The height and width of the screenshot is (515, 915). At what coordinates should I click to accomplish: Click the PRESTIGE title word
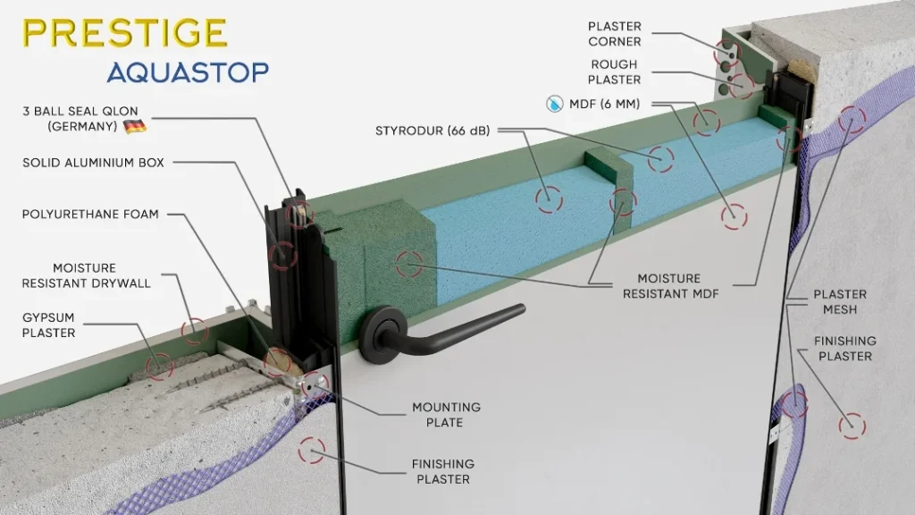[125, 33]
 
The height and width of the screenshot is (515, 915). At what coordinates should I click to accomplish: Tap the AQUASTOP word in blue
[188, 72]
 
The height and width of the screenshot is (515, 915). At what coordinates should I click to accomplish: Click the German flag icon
[135, 126]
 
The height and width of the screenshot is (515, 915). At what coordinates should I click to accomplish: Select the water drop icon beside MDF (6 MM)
[554, 104]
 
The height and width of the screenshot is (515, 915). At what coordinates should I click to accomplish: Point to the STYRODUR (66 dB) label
[432, 131]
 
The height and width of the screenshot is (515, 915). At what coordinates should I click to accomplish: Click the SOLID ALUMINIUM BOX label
[93, 163]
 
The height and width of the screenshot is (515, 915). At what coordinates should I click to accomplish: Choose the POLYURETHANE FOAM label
[90, 215]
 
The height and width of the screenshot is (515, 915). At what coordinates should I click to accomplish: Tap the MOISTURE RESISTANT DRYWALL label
[87, 275]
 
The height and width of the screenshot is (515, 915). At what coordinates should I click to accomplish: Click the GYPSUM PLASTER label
[49, 325]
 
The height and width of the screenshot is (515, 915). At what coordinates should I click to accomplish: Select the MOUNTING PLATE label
[447, 415]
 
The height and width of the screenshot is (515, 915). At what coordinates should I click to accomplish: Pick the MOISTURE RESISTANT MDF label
[670, 286]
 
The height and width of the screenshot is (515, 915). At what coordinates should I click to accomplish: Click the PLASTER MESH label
[840, 302]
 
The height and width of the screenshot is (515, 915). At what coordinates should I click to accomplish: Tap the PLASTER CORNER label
[615, 34]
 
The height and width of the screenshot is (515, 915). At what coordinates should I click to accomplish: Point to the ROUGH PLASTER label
[614, 72]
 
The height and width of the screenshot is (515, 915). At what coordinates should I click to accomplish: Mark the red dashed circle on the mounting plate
[315, 384]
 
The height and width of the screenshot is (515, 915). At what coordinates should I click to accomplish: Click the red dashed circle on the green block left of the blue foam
[409, 264]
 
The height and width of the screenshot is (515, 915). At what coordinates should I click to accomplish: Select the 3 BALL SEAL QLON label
[80, 119]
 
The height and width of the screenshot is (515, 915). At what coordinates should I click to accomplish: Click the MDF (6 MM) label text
[605, 104]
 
